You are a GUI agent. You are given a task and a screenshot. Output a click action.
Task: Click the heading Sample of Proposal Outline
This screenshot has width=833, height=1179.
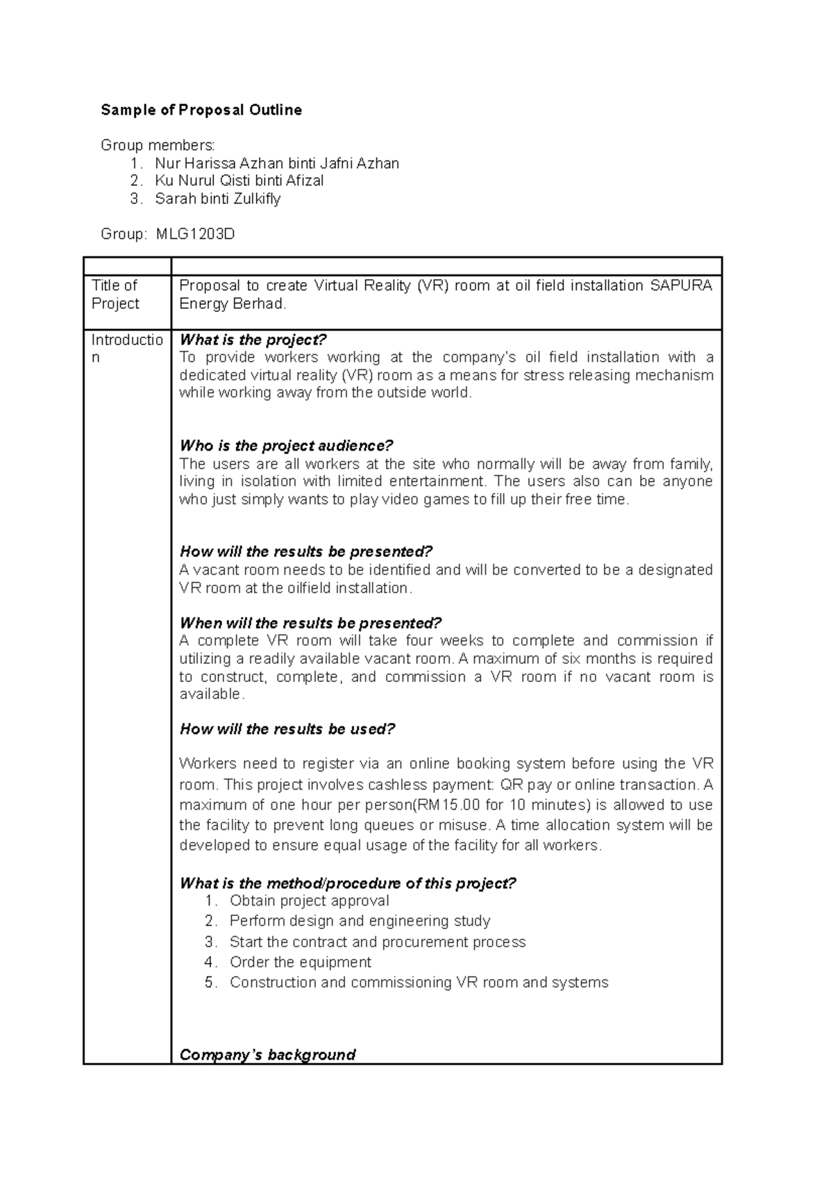coord(201,110)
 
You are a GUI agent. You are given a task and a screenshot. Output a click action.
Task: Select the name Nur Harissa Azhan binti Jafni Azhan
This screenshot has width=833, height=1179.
coord(276,163)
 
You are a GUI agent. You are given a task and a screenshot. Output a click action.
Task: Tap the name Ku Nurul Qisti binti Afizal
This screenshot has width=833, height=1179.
coord(239,181)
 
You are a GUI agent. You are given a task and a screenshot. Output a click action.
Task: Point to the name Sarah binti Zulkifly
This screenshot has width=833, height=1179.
coord(217,199)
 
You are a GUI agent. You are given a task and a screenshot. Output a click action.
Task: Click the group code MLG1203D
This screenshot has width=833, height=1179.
coord(195,234)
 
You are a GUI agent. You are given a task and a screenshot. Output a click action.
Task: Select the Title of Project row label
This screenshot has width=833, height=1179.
coord(115,294)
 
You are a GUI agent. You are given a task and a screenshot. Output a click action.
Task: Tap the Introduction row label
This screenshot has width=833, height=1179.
coord(127,349)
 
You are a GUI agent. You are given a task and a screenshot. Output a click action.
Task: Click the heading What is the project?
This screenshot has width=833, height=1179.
coord(253,340)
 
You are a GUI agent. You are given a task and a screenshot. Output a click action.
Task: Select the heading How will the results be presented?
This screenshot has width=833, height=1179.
coord(305,551)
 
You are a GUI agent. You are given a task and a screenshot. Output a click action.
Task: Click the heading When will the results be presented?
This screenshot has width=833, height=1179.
coord(310,623)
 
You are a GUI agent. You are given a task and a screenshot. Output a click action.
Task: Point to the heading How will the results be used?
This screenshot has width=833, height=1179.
coord(287,729)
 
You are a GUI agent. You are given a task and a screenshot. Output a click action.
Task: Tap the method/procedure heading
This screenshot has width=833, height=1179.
coord(348,883)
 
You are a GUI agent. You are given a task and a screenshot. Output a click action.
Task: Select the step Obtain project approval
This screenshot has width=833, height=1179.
coord(309,901)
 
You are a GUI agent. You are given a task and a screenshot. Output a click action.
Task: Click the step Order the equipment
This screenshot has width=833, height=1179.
coord(300,962)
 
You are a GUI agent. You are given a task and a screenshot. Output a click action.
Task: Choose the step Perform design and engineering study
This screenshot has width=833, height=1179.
coord(360,921)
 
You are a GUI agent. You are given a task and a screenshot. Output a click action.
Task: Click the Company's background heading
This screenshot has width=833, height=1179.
coord(267,1055)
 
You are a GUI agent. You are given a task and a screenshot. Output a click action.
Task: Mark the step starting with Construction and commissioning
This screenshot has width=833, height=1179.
coord(419,983)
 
